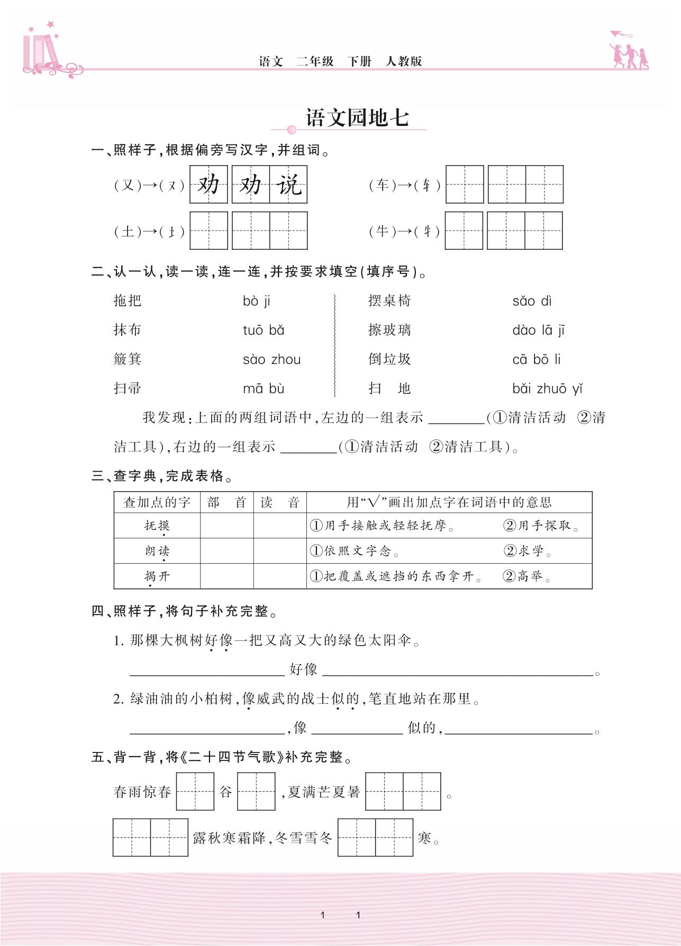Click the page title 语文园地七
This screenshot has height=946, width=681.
tap(357, 118)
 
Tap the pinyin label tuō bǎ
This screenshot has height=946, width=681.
tap(264, 330)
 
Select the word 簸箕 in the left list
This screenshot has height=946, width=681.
tap(128, 360)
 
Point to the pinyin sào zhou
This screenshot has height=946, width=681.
tap(271, 360)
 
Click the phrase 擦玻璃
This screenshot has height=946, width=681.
tap(389, 330)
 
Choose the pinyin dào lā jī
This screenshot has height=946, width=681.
tap(538, 330)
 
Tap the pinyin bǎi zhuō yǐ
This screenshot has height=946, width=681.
tap(547, 389)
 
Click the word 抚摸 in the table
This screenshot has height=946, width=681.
tap(157, 526)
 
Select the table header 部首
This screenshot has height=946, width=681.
tap(226, 502)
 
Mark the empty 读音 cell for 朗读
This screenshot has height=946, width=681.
tap(280, 551)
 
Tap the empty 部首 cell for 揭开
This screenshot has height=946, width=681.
tap(226, 576)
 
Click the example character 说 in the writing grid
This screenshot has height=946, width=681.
tap(289, 185)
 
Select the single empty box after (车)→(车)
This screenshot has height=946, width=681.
tap(465, 185)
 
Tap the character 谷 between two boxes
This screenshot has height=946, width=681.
tap(226, 792)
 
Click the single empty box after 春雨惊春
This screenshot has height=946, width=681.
tap(195, 792)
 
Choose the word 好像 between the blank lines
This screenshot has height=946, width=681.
tap(303, 670)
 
